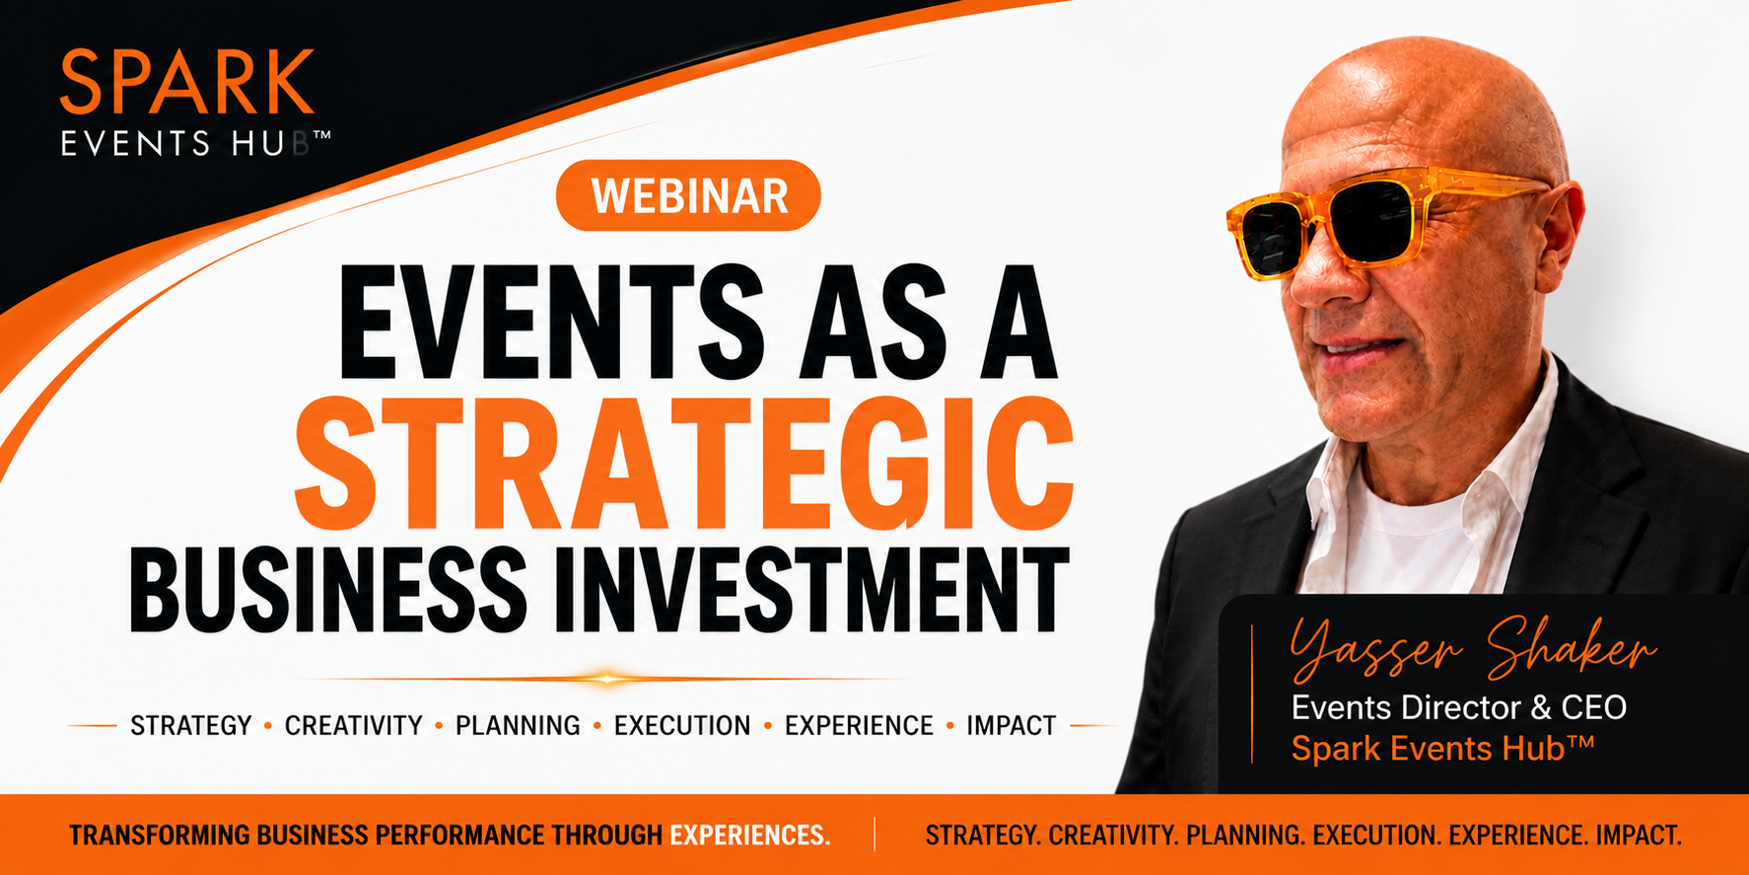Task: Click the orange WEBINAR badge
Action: pyautogui.click(x=688, y=195)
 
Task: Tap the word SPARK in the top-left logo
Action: pyautogui.click(x=187, y=83)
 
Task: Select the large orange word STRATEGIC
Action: pyautogui.click(x=684, y=464)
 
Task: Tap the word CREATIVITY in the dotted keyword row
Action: pyautogui.click(x=353, y=726)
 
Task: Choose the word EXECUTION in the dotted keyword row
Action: pyautogui.click(x=682, y=726)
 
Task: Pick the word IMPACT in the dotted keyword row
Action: pyautogui.click(x=1011, y=726)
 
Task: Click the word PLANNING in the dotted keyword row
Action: pyautogui.click(x=518, y=726)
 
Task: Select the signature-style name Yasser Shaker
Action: pyautogui.click(x=1473, y=648)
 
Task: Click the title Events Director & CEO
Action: pyautogui.click(x=1459, y=707)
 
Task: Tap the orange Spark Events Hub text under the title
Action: pyautogui.click(x=1442, y=749)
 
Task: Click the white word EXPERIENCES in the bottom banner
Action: pyautogui.click(x=749, y=836)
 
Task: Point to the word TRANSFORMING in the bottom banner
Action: pyautogui.click(x=160, y=836)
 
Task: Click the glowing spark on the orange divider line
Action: pyautogui.click(x=608, y=679)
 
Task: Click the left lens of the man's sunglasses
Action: pyautogui.click(x=1271, y=237)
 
